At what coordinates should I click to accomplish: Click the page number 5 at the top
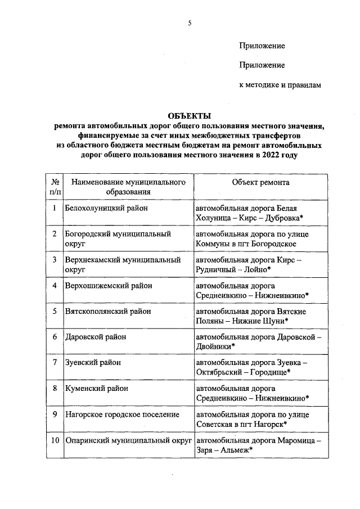point(190,23)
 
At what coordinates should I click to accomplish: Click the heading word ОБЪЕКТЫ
point(189,115)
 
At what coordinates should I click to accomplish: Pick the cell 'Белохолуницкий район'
point(107,208)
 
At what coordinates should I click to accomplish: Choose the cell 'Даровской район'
point(96,337)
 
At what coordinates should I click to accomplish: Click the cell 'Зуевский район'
point(93,363)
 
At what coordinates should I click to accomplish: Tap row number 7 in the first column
point(54,363)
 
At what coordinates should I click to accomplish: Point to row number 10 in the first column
point(54,440)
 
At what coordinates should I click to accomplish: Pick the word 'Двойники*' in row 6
point(215,346)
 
